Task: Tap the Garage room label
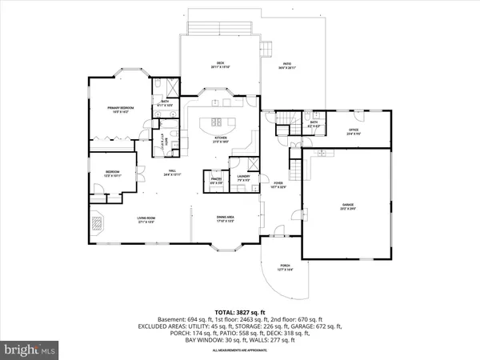[x=348, y=206]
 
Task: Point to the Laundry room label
[x=243, y=180]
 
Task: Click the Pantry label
[x=216, y=181]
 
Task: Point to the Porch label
[x=285, y=267]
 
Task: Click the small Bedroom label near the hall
[x=113, y=174]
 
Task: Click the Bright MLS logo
[x=30, y=349]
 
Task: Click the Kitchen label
[x=220, y=138]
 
